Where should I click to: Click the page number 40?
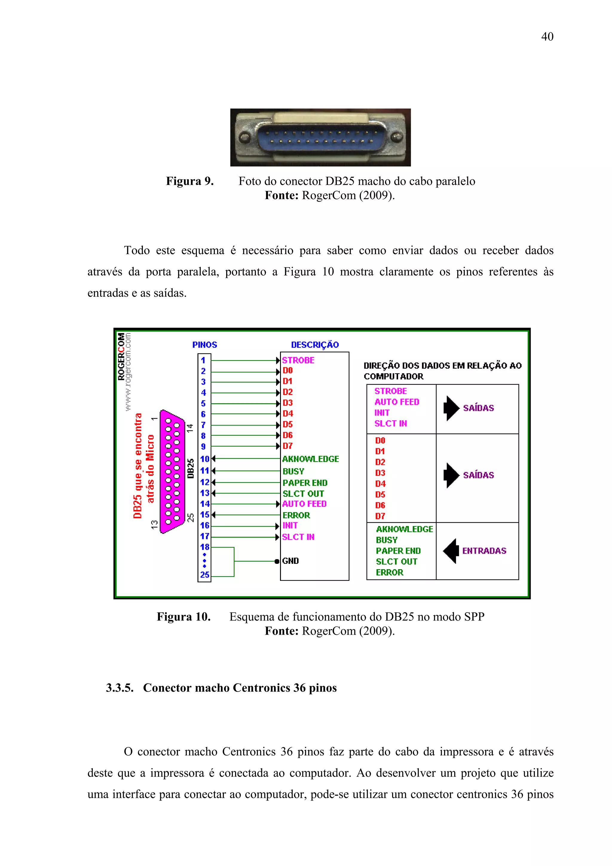547,36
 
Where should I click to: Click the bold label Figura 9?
190,181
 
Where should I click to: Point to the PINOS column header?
204,345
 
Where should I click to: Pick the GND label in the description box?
290,561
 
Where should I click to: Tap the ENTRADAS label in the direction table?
484,551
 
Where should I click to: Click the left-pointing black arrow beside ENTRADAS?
451,551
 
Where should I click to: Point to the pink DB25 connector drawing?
172,471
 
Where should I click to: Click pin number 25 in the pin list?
204,575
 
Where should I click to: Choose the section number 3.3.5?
120,688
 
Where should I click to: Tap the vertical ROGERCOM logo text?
121,356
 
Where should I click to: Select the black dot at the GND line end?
277,561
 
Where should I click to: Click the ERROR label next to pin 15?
296,515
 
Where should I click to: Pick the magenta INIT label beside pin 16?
290,526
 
